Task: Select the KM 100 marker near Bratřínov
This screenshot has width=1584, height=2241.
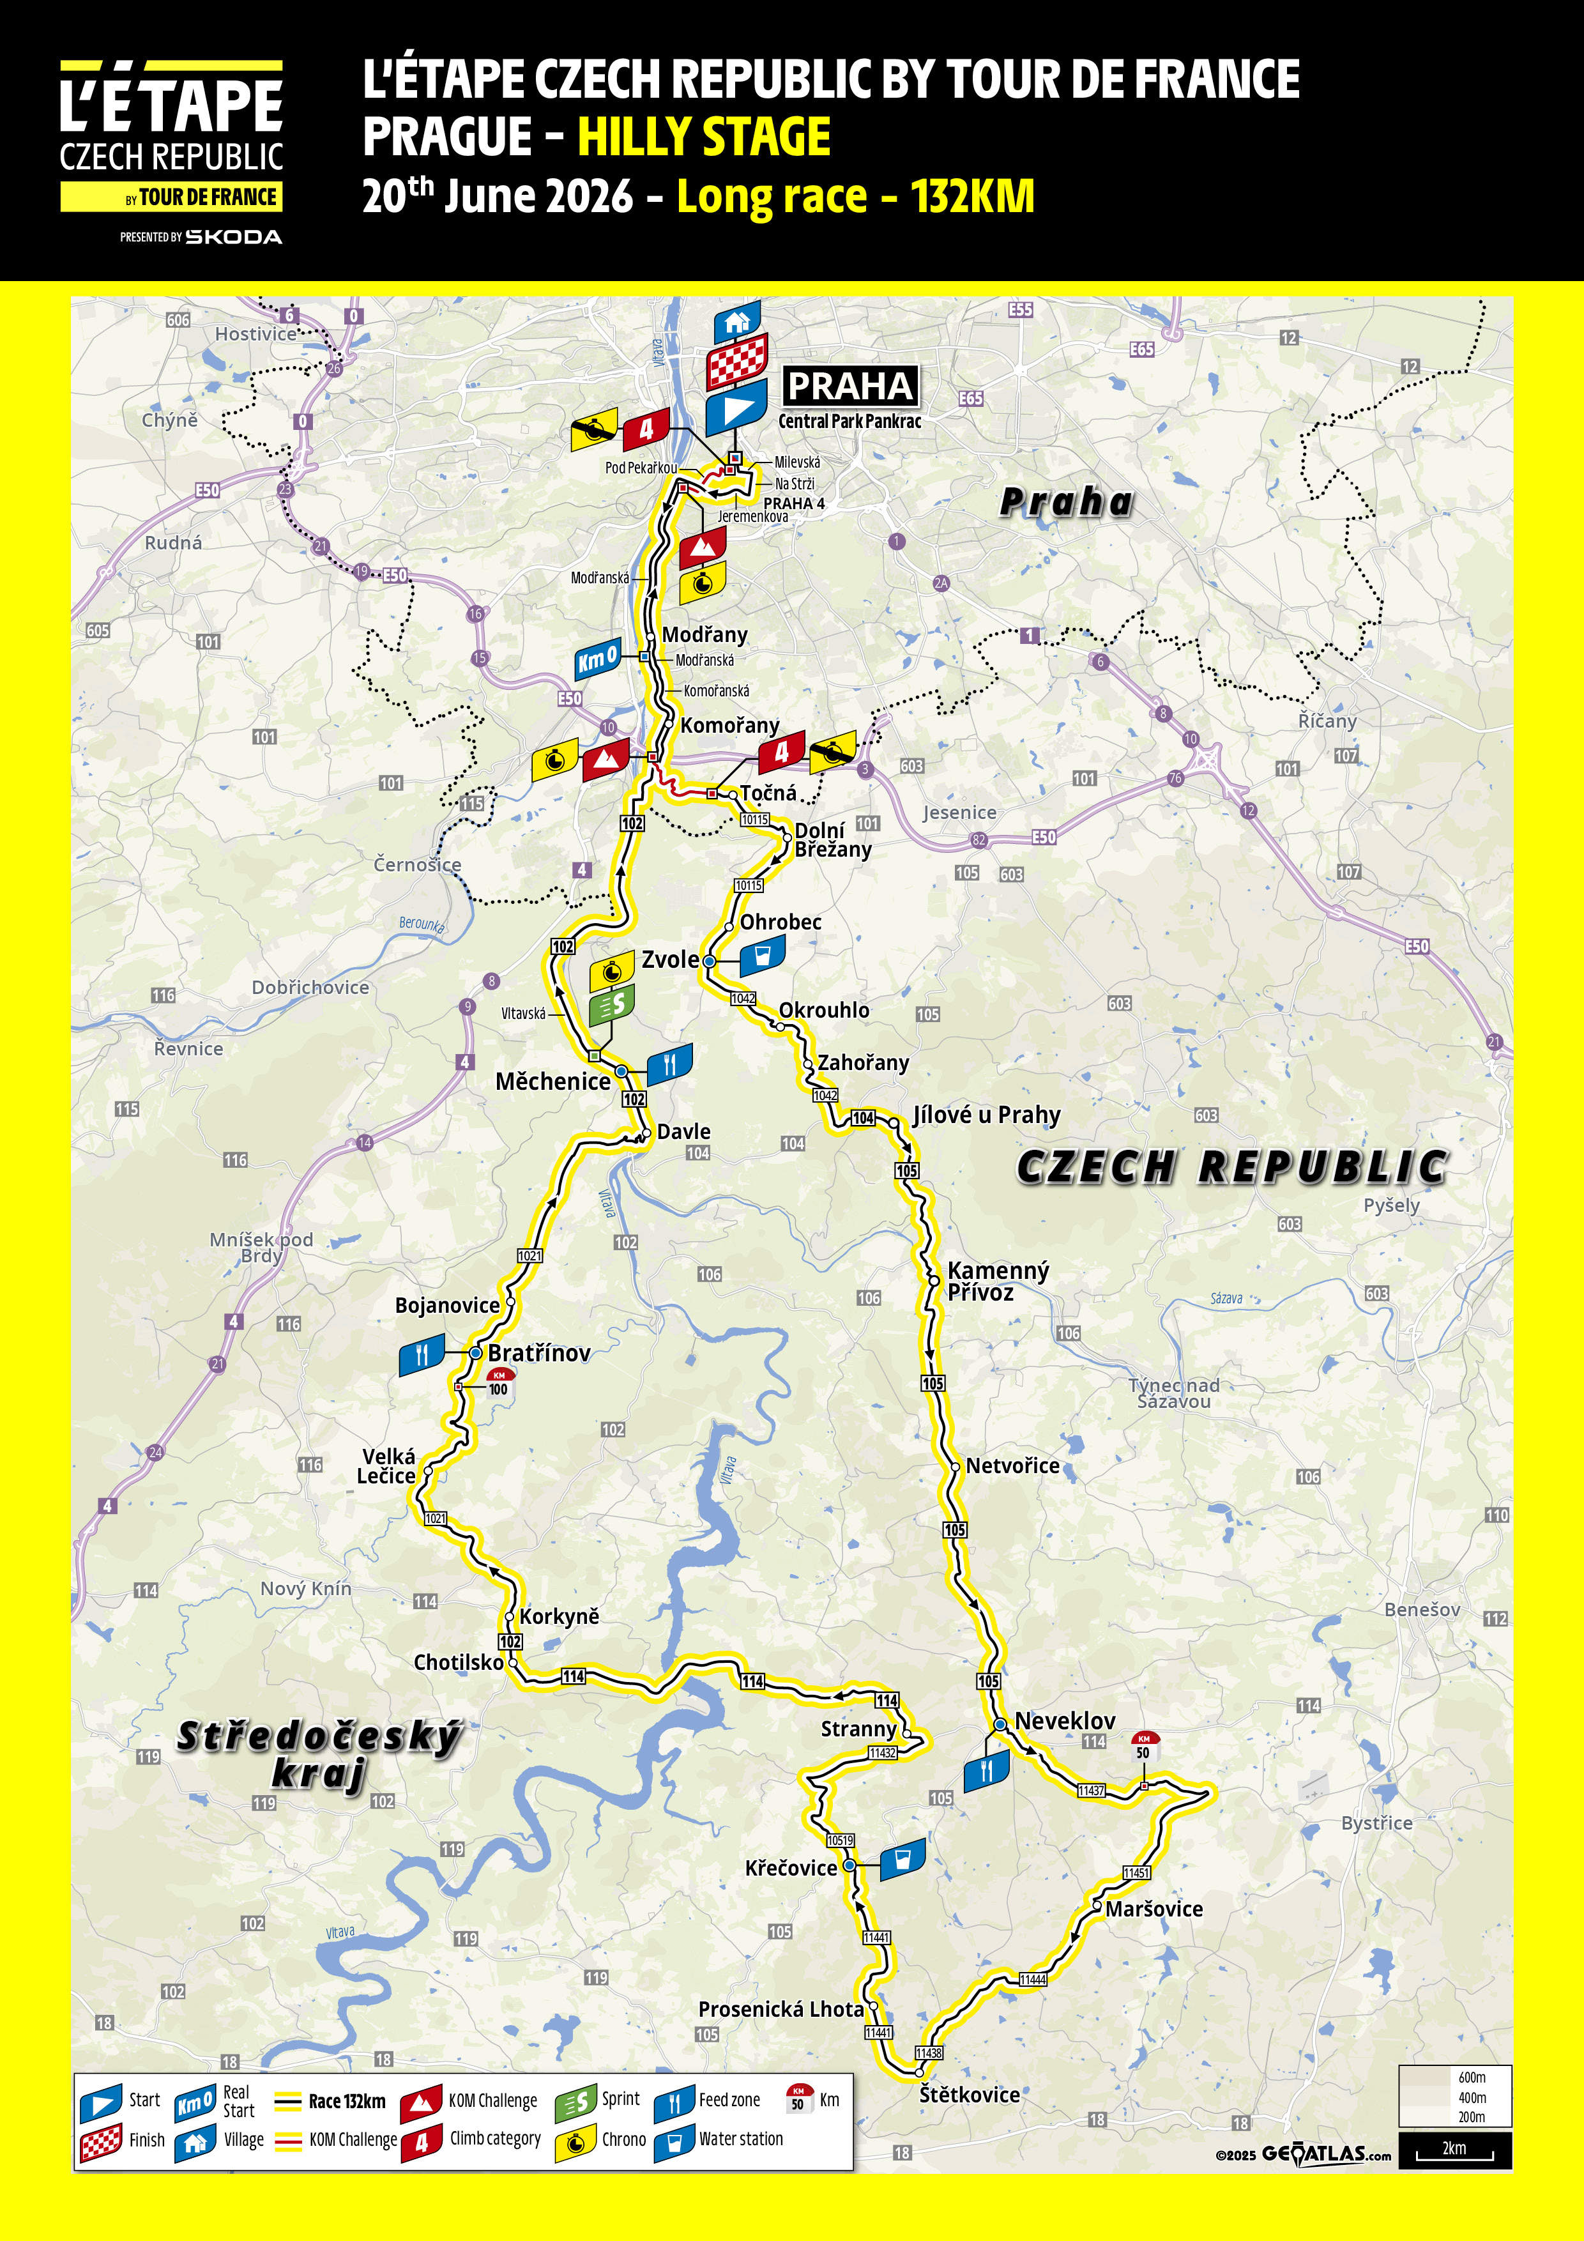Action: tap(499, 1382)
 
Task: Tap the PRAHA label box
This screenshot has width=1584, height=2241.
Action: tap(850, 386)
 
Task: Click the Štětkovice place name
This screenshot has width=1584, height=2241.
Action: tap(969, 2095)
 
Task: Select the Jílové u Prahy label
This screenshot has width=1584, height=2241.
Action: tap(986, 1115)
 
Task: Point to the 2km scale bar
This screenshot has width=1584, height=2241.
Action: tap(1454, 2148)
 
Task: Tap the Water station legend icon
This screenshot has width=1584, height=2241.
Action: tap(673, 2141)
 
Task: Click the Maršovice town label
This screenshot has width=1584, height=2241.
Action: tap(1154, 1909)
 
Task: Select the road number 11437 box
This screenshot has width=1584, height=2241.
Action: tap(1091, 1790)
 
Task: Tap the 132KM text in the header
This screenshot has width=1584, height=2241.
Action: tap(972, 196)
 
